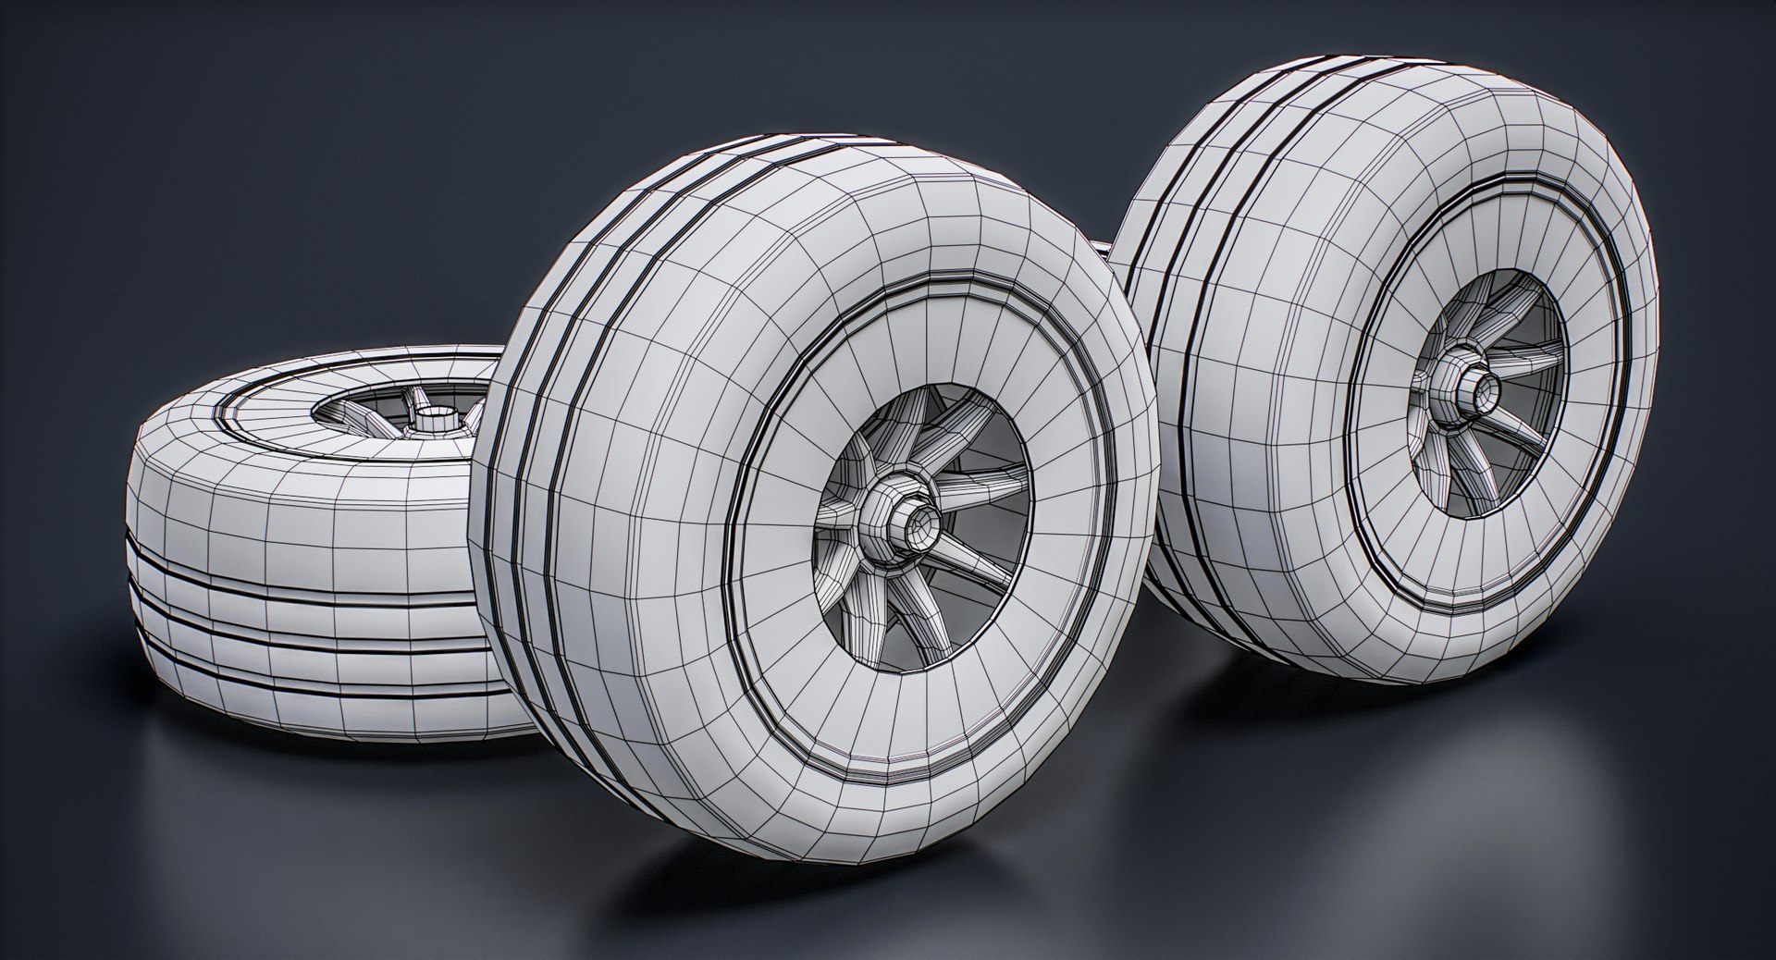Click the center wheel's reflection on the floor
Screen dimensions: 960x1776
[x=832, y=888]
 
